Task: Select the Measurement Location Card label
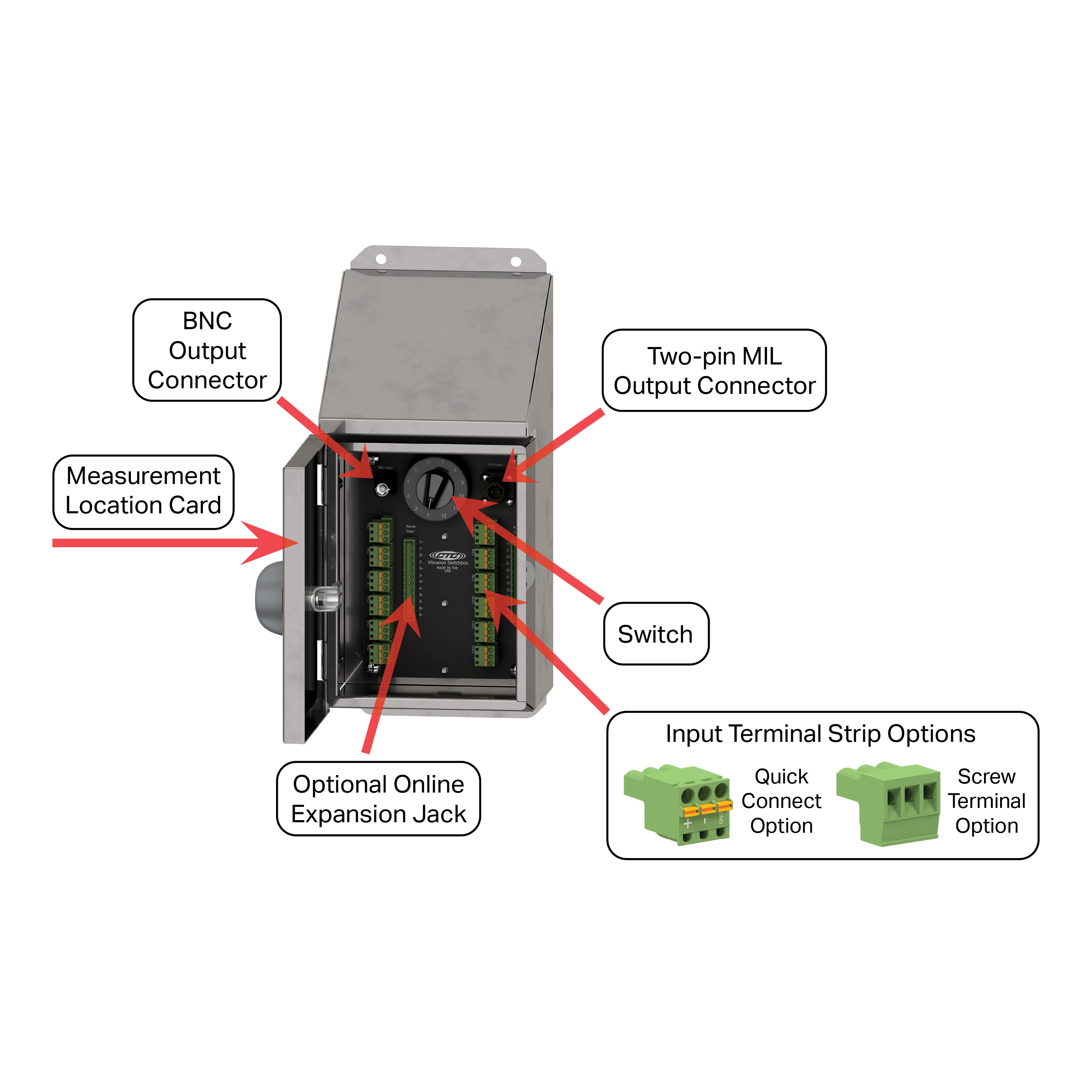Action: pos(144,491)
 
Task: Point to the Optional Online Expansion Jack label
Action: pos(378,799)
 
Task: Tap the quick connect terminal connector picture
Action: pos(677,804)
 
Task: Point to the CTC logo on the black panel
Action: pos(447,555)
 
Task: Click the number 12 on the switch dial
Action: pos(444,515)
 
